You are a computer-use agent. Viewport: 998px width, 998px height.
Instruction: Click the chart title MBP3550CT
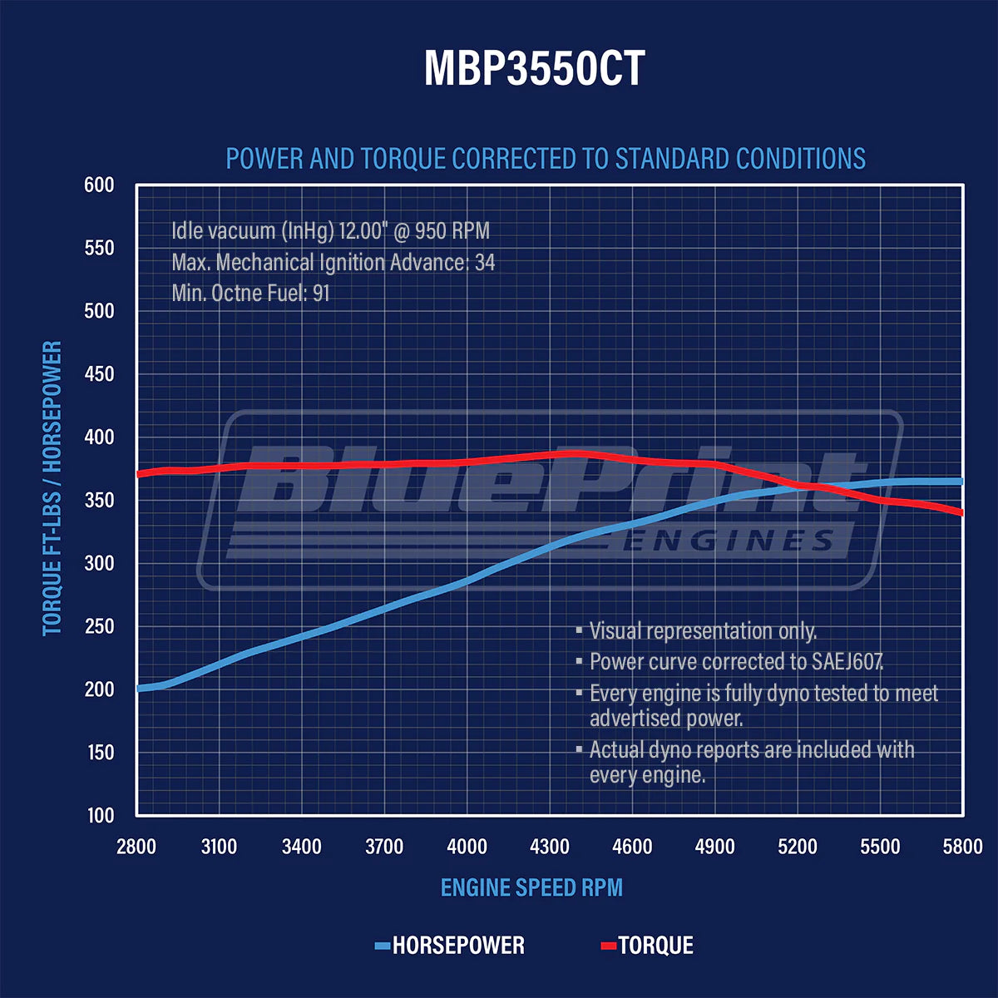pos(534,68)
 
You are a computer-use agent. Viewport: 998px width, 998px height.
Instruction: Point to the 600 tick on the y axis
pos(99,185)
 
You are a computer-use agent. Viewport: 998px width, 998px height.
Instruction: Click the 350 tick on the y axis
pos(99,500)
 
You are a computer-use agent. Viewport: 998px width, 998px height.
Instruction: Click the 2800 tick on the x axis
pos(136,847)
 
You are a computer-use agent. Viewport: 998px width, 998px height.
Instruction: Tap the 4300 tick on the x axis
pos(550,847)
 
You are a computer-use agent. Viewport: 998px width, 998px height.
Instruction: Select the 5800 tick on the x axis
pos(962,847)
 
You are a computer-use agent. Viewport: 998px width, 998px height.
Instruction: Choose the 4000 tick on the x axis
pos(467,847)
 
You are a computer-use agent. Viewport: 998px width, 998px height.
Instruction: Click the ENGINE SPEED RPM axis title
pos(531,887)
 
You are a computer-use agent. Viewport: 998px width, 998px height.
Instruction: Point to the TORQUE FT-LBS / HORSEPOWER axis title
pos(52,488)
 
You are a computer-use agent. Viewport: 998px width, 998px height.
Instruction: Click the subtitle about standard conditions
pos(546,158)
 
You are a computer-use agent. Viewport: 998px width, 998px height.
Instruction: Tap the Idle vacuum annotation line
pos(330,230)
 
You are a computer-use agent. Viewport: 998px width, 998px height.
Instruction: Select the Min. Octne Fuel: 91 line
pos(250,293)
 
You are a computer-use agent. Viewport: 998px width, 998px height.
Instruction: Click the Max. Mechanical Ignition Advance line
pos(333,262)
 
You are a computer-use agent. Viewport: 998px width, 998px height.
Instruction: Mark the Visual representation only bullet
pos(703,630)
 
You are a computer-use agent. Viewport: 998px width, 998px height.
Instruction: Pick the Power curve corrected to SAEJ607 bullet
pos(736,661)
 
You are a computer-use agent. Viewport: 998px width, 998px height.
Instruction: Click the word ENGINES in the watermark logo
pos(729,541)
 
